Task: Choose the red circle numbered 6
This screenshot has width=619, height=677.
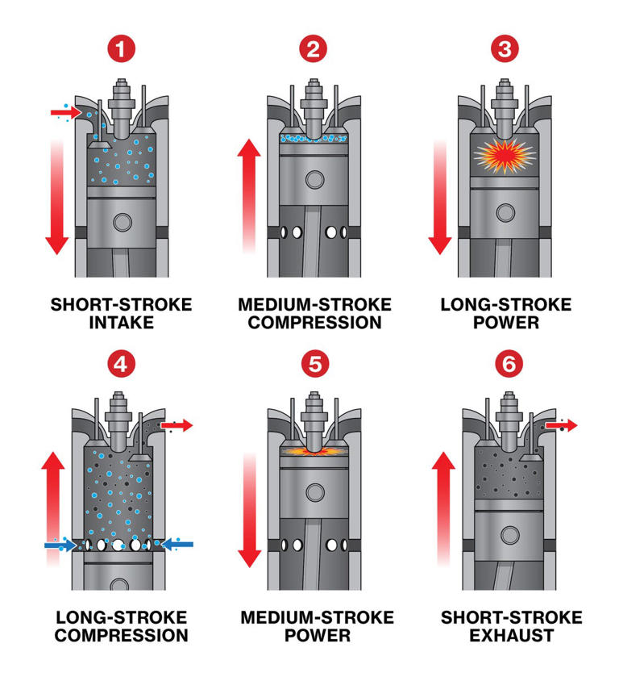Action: coord(506,364)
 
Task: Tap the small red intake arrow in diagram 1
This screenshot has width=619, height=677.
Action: coord(65,113)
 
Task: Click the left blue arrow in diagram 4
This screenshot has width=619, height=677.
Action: coord(60,545)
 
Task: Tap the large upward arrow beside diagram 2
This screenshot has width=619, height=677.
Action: coord(250,194)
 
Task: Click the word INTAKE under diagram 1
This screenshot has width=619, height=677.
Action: coord(121,323)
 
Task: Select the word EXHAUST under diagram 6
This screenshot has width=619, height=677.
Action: coord(511,636)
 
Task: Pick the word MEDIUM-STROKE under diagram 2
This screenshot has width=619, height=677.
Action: coord(314,305)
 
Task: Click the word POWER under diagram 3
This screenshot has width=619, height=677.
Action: coord(505,323)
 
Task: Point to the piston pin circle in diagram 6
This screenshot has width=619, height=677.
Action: coord(506,533)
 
